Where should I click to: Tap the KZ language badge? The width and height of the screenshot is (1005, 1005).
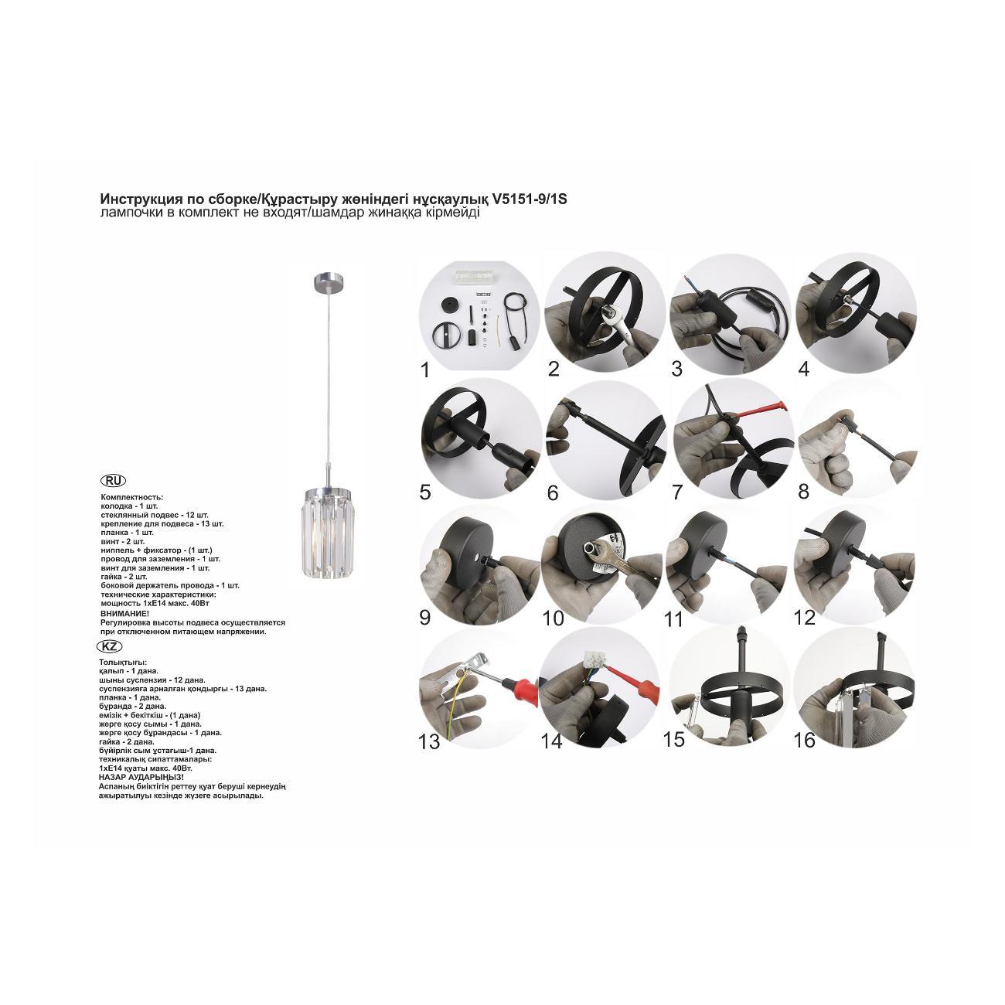(110, 647)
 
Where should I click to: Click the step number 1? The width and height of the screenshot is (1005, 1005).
(425, 370)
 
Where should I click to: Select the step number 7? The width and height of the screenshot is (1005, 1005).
(677, 492)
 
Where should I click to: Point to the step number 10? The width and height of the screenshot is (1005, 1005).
(553, 618)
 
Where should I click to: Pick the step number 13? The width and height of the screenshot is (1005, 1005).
(429, 741)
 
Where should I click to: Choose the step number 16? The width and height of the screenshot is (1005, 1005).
(804, 740)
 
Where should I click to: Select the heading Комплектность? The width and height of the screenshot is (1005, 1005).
(132, 497)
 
